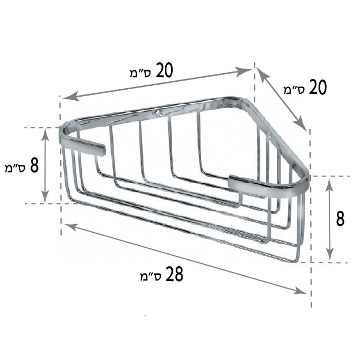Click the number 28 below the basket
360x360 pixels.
pos(175,274)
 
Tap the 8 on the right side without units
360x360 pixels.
pos(340,219)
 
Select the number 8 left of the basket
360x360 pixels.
pos(34,166)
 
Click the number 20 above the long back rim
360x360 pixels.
pos(164,70)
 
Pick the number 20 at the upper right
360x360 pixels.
pos(318,87)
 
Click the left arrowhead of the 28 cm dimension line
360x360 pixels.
pos(70,227)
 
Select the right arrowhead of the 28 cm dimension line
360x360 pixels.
pos(301,291)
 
